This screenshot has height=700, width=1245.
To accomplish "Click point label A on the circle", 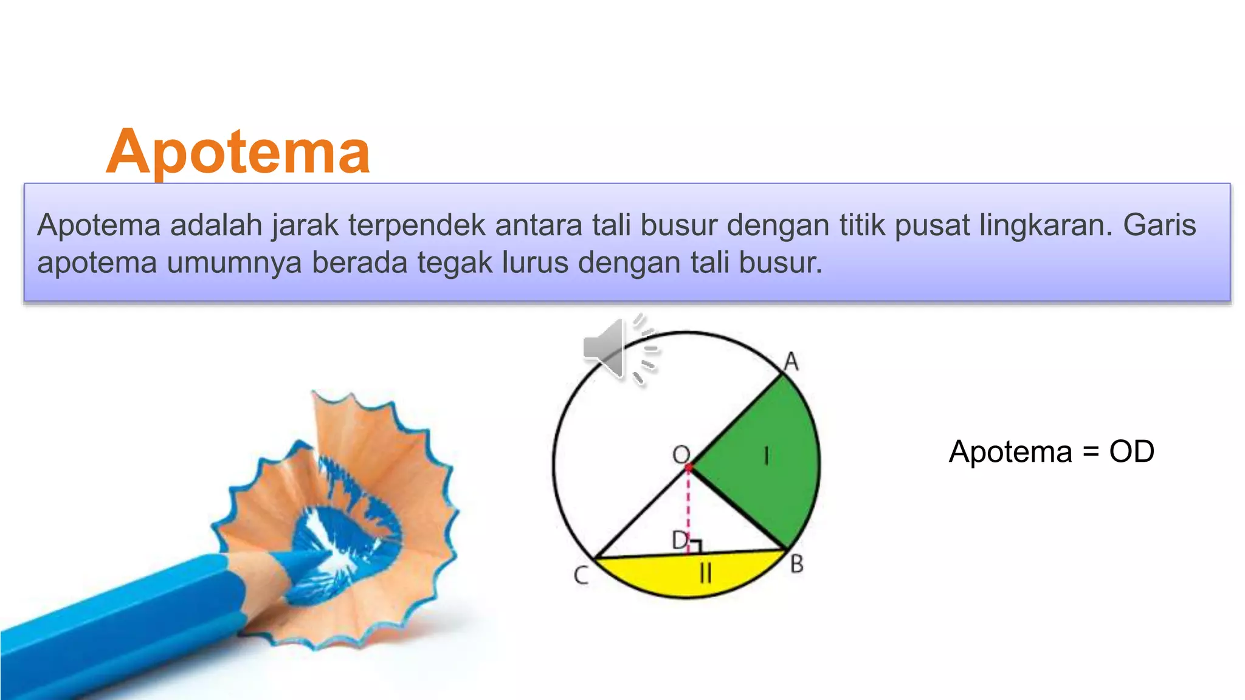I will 791,362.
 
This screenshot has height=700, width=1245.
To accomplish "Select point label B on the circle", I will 797,564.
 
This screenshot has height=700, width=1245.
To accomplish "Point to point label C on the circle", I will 581,575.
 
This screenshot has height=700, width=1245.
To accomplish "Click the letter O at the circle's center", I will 681,455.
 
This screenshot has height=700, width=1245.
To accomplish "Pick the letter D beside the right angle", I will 679,539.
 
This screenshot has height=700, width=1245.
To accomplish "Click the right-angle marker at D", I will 695,546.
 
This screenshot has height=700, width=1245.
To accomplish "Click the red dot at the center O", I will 689,468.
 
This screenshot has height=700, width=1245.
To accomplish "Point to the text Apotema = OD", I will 1051,451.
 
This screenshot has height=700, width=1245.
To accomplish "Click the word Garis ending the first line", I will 1159,225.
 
